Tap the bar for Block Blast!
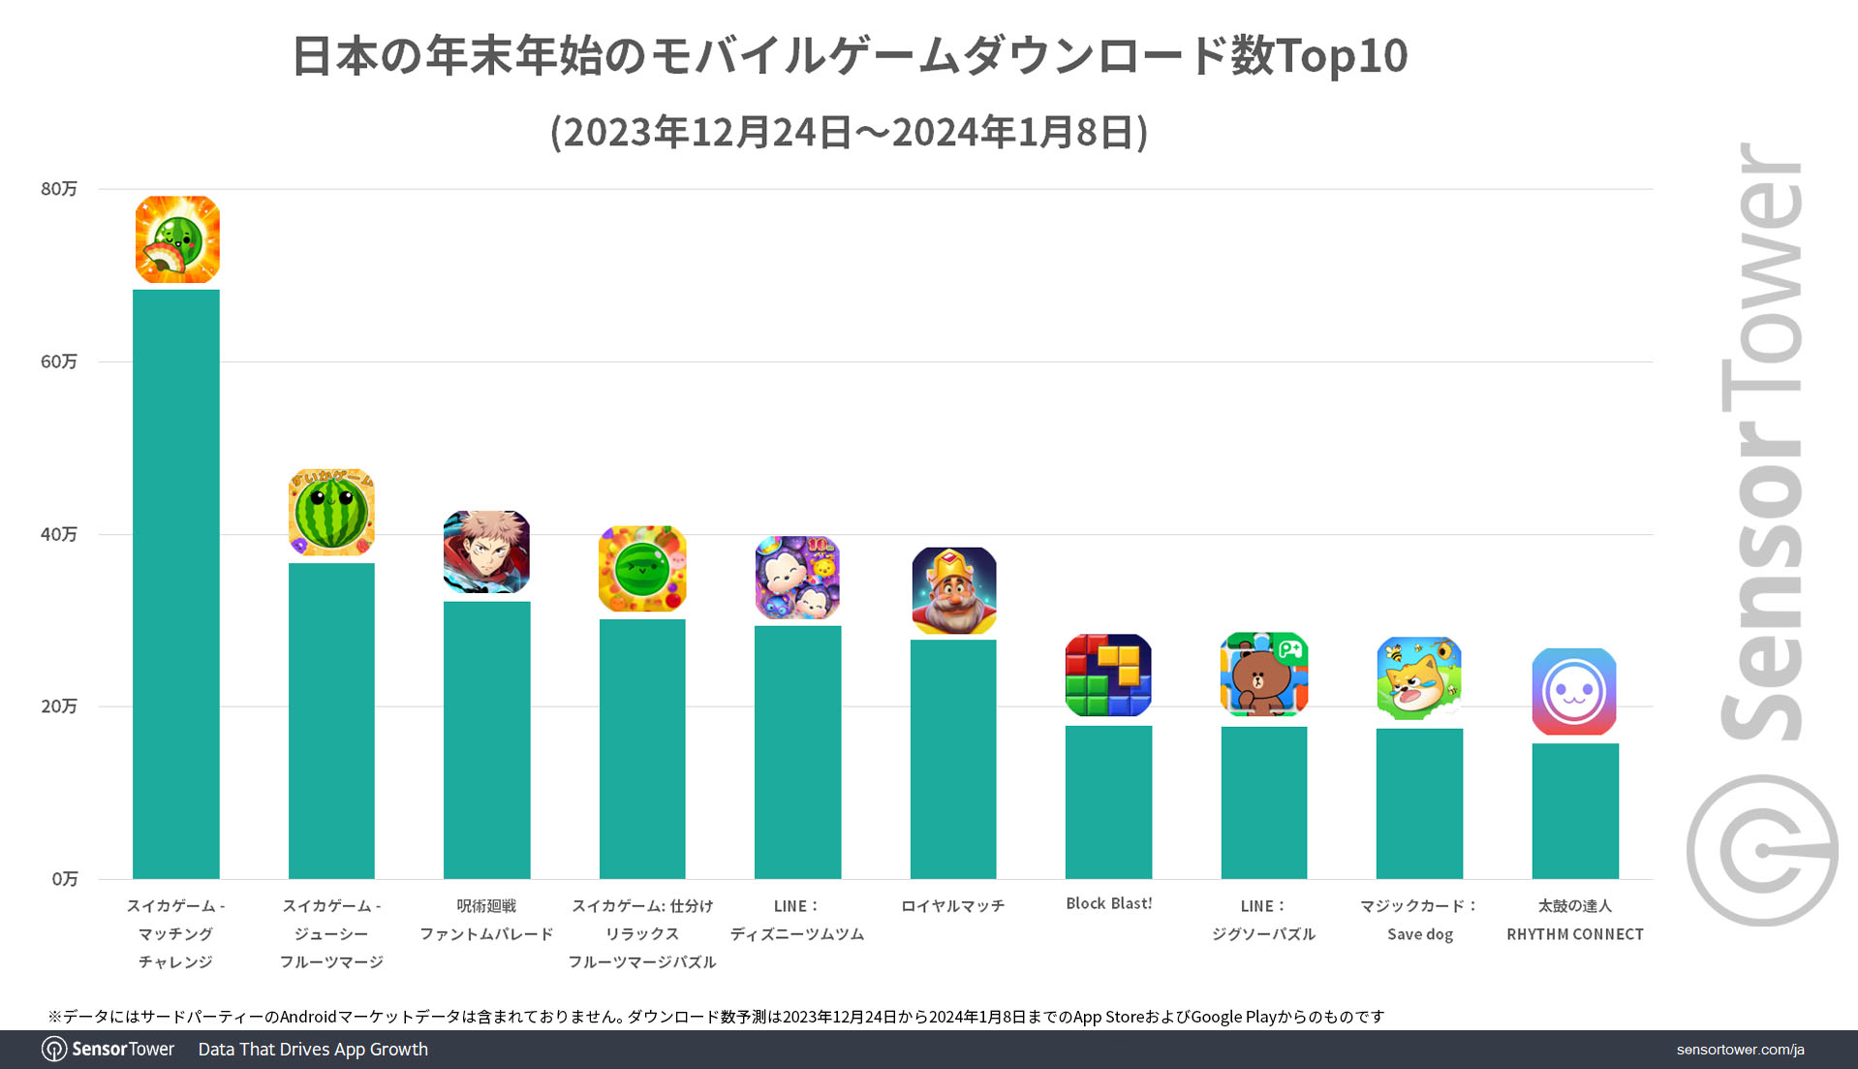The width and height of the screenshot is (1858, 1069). (x=1108, y=802)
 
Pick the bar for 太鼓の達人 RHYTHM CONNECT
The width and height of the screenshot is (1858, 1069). (x=1574, y=810)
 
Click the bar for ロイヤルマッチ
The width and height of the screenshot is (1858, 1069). (x=953, y=759)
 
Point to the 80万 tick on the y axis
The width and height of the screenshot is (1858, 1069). (x=59, y=189)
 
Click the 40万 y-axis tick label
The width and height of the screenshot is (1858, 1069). (x=59, y=534)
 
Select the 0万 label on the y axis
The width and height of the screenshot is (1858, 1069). (x=65, y=879)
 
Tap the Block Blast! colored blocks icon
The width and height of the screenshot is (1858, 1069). (x=1108, y=676)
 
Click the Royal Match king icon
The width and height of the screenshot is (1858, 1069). (x=953, y=590)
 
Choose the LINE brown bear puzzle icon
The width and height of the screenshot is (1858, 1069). (x=1263, y=675)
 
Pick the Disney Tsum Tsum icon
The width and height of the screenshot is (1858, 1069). (x=797, y=578)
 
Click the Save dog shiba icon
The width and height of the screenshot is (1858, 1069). (x=1419, y=678)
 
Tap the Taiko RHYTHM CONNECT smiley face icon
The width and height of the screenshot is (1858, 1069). (x=1574, y=691)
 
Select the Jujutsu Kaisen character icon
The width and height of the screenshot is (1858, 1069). (x=486, y=552)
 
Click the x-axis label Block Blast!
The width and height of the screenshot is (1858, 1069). (x=1108, y=903)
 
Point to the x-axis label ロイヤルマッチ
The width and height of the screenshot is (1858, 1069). (x=953, y=906)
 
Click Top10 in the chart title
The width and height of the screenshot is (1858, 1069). (x=1343, y=55)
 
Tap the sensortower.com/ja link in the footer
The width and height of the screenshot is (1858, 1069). (x=1740, y=1050)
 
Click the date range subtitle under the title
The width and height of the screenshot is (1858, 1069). (x=849, y=132)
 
